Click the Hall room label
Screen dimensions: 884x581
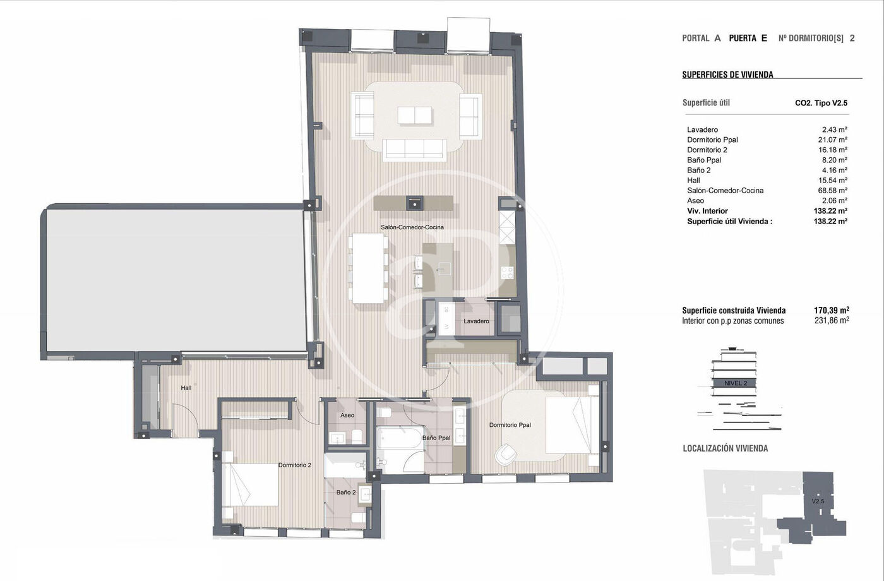186,388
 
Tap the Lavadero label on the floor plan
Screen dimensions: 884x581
476,321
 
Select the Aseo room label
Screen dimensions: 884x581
347,416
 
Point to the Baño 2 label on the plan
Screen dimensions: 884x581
346,493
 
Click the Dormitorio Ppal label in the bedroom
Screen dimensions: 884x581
510,425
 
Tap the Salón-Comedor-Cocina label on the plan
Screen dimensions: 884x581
412,227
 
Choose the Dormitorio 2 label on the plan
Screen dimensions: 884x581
295,465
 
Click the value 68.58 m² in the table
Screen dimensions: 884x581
833,191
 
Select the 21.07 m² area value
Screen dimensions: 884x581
833,140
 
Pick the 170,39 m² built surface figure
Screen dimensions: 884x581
832,310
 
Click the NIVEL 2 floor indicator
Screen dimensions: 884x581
736,383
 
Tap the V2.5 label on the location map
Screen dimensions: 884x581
818,501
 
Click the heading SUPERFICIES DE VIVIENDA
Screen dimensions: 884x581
727,75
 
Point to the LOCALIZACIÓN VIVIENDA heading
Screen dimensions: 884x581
726,448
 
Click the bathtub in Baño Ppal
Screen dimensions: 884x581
400,437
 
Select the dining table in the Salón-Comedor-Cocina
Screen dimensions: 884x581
368,268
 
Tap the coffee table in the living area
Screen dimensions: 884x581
415,115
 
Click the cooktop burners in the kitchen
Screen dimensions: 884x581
508,272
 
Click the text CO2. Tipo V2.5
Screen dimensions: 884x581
821,103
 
